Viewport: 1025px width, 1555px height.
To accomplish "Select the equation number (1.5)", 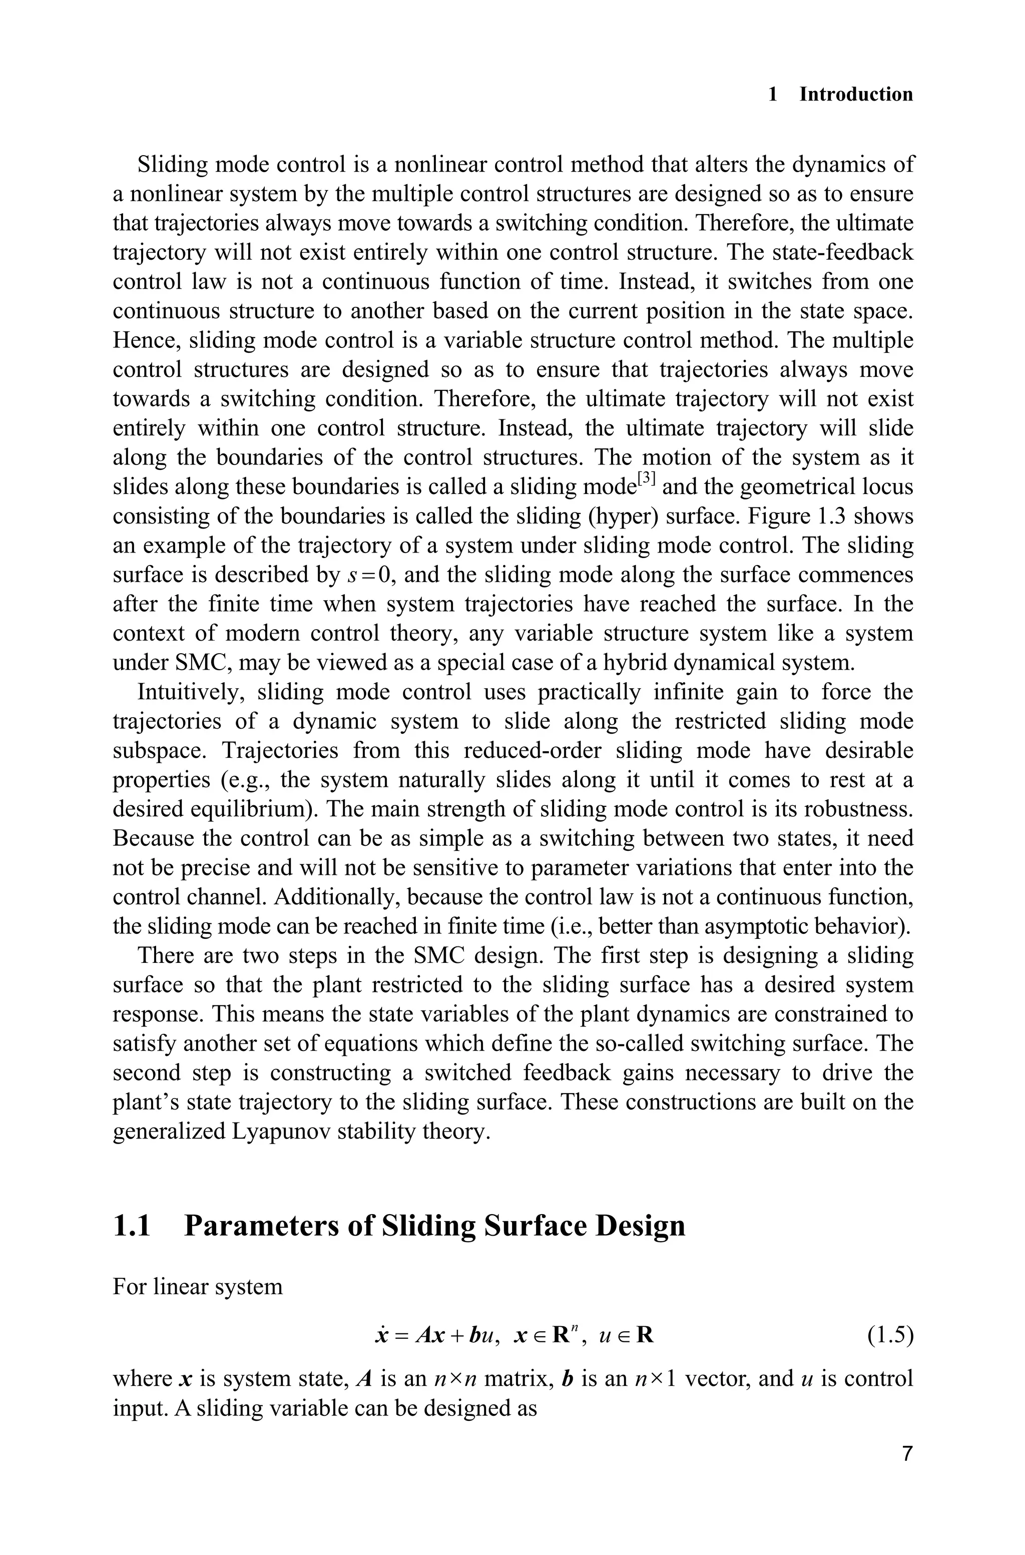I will click(x=890, y=1335).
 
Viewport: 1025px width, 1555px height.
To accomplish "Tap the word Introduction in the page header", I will click(x=856, y=94).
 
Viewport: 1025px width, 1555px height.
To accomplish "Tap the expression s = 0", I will click(x=369, y=575).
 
